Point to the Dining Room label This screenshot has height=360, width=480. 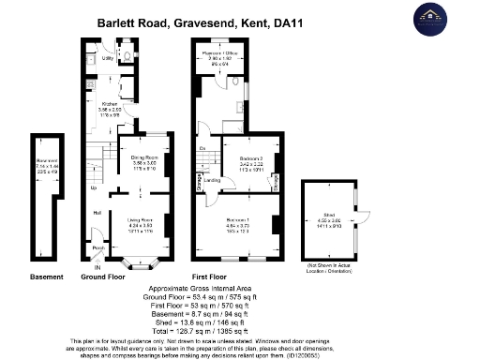tap(142, 161)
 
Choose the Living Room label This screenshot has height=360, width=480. tap(141, 222)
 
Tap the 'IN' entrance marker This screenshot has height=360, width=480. tap(97, 268)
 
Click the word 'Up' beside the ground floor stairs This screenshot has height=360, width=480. tap(92, 187)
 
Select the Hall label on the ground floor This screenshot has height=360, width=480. tap(97, 213)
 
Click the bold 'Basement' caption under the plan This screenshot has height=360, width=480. tap(47, 277)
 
